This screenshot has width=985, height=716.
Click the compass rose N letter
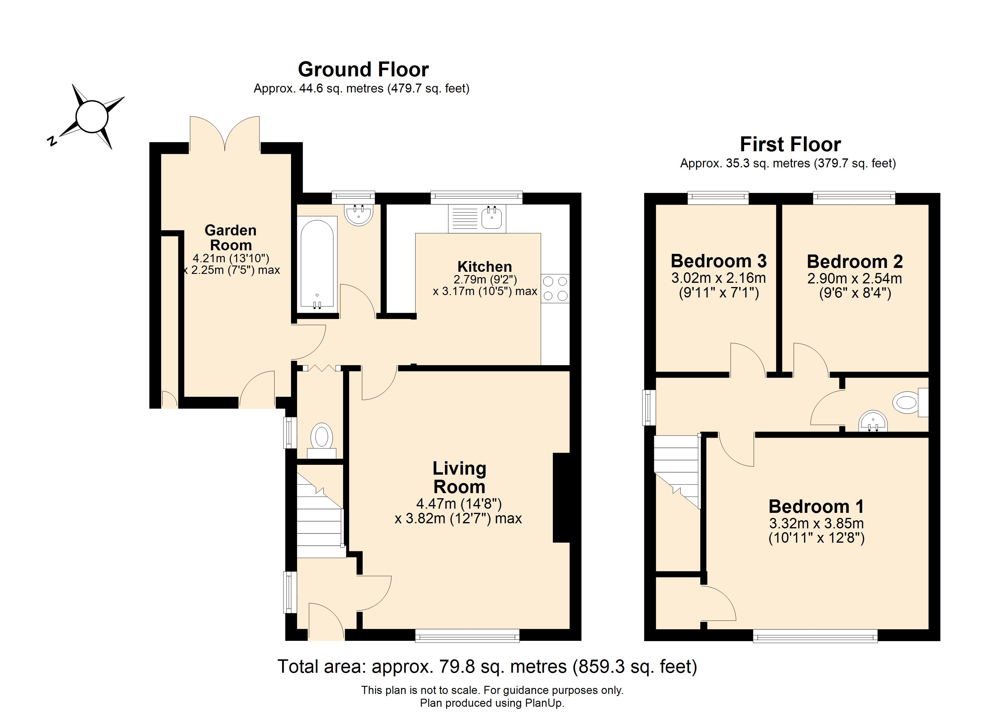tap(52, 141)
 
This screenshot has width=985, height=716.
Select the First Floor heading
tap(790, 144)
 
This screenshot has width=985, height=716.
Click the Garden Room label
tap(231, 237)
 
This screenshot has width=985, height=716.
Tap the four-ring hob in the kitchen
tap(555, 288)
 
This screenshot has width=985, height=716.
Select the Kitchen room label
tap(485, 267)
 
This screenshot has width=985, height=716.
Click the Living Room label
tap(459, 478)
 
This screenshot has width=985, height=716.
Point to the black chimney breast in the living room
tap(561, 498)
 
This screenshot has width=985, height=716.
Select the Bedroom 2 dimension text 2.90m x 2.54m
tap(855, 278)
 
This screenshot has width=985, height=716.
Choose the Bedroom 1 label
tap(816, 506)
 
